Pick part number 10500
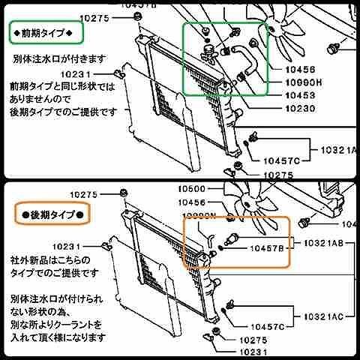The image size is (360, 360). (x=192, y=190)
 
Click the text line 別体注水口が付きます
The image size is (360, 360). (x=59, y=58)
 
